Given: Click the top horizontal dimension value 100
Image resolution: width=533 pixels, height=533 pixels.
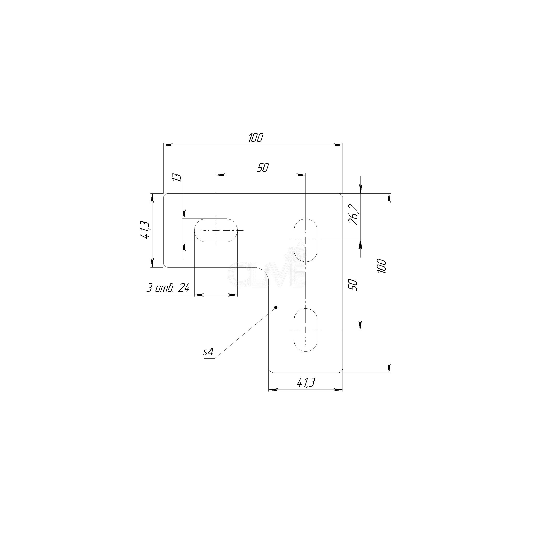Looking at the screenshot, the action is pos(256,138).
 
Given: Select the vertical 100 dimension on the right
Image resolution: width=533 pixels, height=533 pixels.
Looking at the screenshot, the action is pos(382,266).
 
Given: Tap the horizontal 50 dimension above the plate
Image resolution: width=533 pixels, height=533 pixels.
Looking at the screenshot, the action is pos(263,168).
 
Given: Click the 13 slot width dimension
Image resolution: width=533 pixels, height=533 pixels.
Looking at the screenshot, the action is pos(178,177).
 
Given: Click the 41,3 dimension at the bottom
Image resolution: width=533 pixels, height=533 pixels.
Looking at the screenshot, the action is pos(306,383).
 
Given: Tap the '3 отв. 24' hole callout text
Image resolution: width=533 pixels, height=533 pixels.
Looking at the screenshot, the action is pos(168,288).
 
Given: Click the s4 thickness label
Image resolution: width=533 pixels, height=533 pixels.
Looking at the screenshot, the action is pos(208,352).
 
